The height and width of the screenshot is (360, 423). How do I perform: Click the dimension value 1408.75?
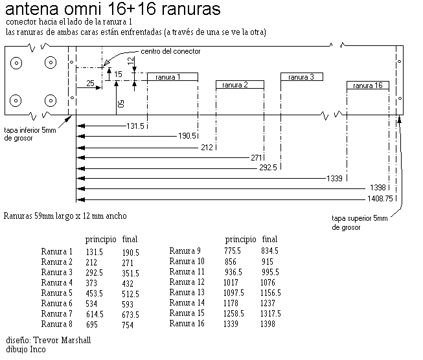click(x=380, y=199)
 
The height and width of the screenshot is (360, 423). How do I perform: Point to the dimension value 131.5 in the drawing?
click(x=135, y=126)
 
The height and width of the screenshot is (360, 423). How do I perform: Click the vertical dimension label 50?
click(x=121, y=104)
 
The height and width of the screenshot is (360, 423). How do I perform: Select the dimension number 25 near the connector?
click(x=91, y=83)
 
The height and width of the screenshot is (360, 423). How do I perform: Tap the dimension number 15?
click(x=118, y=74)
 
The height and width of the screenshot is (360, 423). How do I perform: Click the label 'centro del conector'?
click(x=170, y=51)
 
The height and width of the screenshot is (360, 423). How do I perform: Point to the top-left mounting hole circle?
click(x=16, y=63)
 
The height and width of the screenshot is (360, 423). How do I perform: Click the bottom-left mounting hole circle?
click(x=16, y=101)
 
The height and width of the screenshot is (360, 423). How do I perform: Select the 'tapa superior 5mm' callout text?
click(x=360, y=218)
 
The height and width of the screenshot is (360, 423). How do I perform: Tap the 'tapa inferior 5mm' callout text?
click(x=30, y=130)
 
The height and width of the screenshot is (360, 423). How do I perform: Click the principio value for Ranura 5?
click(x=95, y=293)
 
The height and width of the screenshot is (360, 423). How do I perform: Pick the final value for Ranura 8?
click(x=128, y=325)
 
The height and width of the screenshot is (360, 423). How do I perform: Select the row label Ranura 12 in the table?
click(x=187, y=282)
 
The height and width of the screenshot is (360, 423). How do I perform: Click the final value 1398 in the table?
click(x=268, y=324)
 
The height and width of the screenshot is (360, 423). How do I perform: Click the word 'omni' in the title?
click(x=83, y=8)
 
